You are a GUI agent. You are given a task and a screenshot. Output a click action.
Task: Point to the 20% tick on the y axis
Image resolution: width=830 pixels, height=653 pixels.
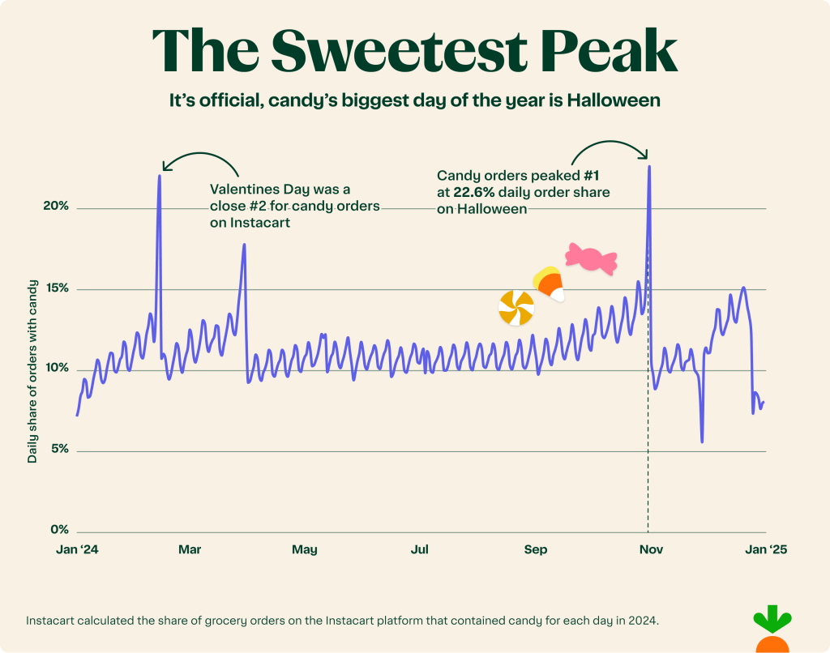pos(56,207)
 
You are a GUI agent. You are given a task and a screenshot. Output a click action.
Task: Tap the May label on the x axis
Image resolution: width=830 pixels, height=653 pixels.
pos(305,549)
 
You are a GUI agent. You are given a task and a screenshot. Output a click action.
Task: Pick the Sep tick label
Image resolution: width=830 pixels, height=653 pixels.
pos(535,549)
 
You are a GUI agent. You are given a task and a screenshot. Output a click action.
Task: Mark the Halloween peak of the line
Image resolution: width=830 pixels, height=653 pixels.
pos(649,167)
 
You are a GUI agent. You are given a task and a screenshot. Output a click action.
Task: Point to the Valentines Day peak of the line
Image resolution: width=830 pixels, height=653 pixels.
pos(160,176)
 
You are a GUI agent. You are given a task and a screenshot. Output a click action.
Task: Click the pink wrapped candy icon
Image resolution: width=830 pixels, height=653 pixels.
pos(591,258)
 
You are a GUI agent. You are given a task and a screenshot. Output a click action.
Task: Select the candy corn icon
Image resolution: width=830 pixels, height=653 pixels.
pos(549,284)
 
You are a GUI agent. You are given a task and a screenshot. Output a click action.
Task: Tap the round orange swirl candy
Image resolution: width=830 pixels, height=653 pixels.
pos(516,308)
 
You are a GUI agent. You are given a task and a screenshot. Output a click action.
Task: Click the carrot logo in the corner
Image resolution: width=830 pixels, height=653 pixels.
pos(771,629)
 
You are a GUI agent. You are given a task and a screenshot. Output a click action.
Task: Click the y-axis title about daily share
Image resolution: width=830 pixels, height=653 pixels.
pos(32,370)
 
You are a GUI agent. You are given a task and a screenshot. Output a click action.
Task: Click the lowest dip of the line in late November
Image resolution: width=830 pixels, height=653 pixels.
pos(702,442)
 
